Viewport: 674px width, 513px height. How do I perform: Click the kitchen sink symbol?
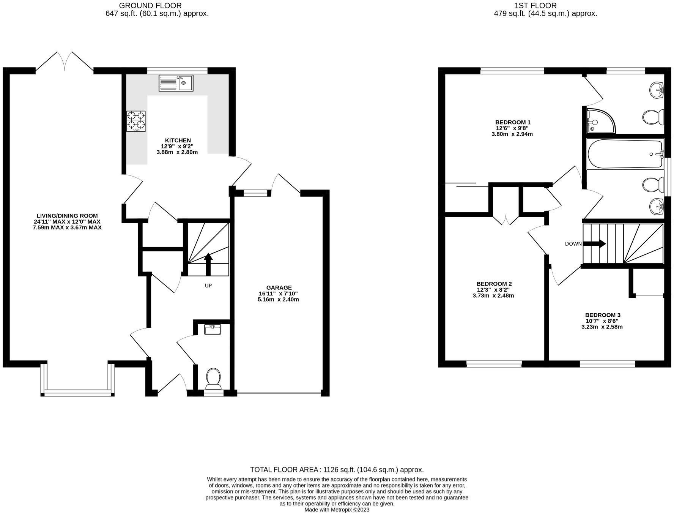click(x=176, y=83)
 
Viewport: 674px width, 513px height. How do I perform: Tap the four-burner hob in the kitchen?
click(x=136, y=121)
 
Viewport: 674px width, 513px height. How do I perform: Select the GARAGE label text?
click(x=279, y=287)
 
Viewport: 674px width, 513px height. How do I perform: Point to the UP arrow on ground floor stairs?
click(x=208, y=264)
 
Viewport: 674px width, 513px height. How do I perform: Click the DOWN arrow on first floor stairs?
click(x=594, y=243)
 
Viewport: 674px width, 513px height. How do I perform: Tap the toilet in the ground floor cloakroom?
click(x=214, y=378)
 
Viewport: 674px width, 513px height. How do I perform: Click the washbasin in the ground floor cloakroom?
click(x=213, y=330)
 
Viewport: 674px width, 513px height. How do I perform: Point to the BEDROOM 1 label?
click(x=513, y=122)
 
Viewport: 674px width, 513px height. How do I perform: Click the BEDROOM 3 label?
click(x=603, y=315)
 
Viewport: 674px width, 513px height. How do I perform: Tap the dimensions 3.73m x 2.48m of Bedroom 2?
click(x=493, y=295)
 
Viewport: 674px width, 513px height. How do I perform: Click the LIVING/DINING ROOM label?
click(x=67, y=216)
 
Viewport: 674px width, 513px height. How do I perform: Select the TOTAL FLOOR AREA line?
click(x=337, y=470)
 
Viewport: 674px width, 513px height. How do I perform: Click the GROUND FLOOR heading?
click(x=150, y=6)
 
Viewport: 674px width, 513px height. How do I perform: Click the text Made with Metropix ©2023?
click(x=337, y=510)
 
